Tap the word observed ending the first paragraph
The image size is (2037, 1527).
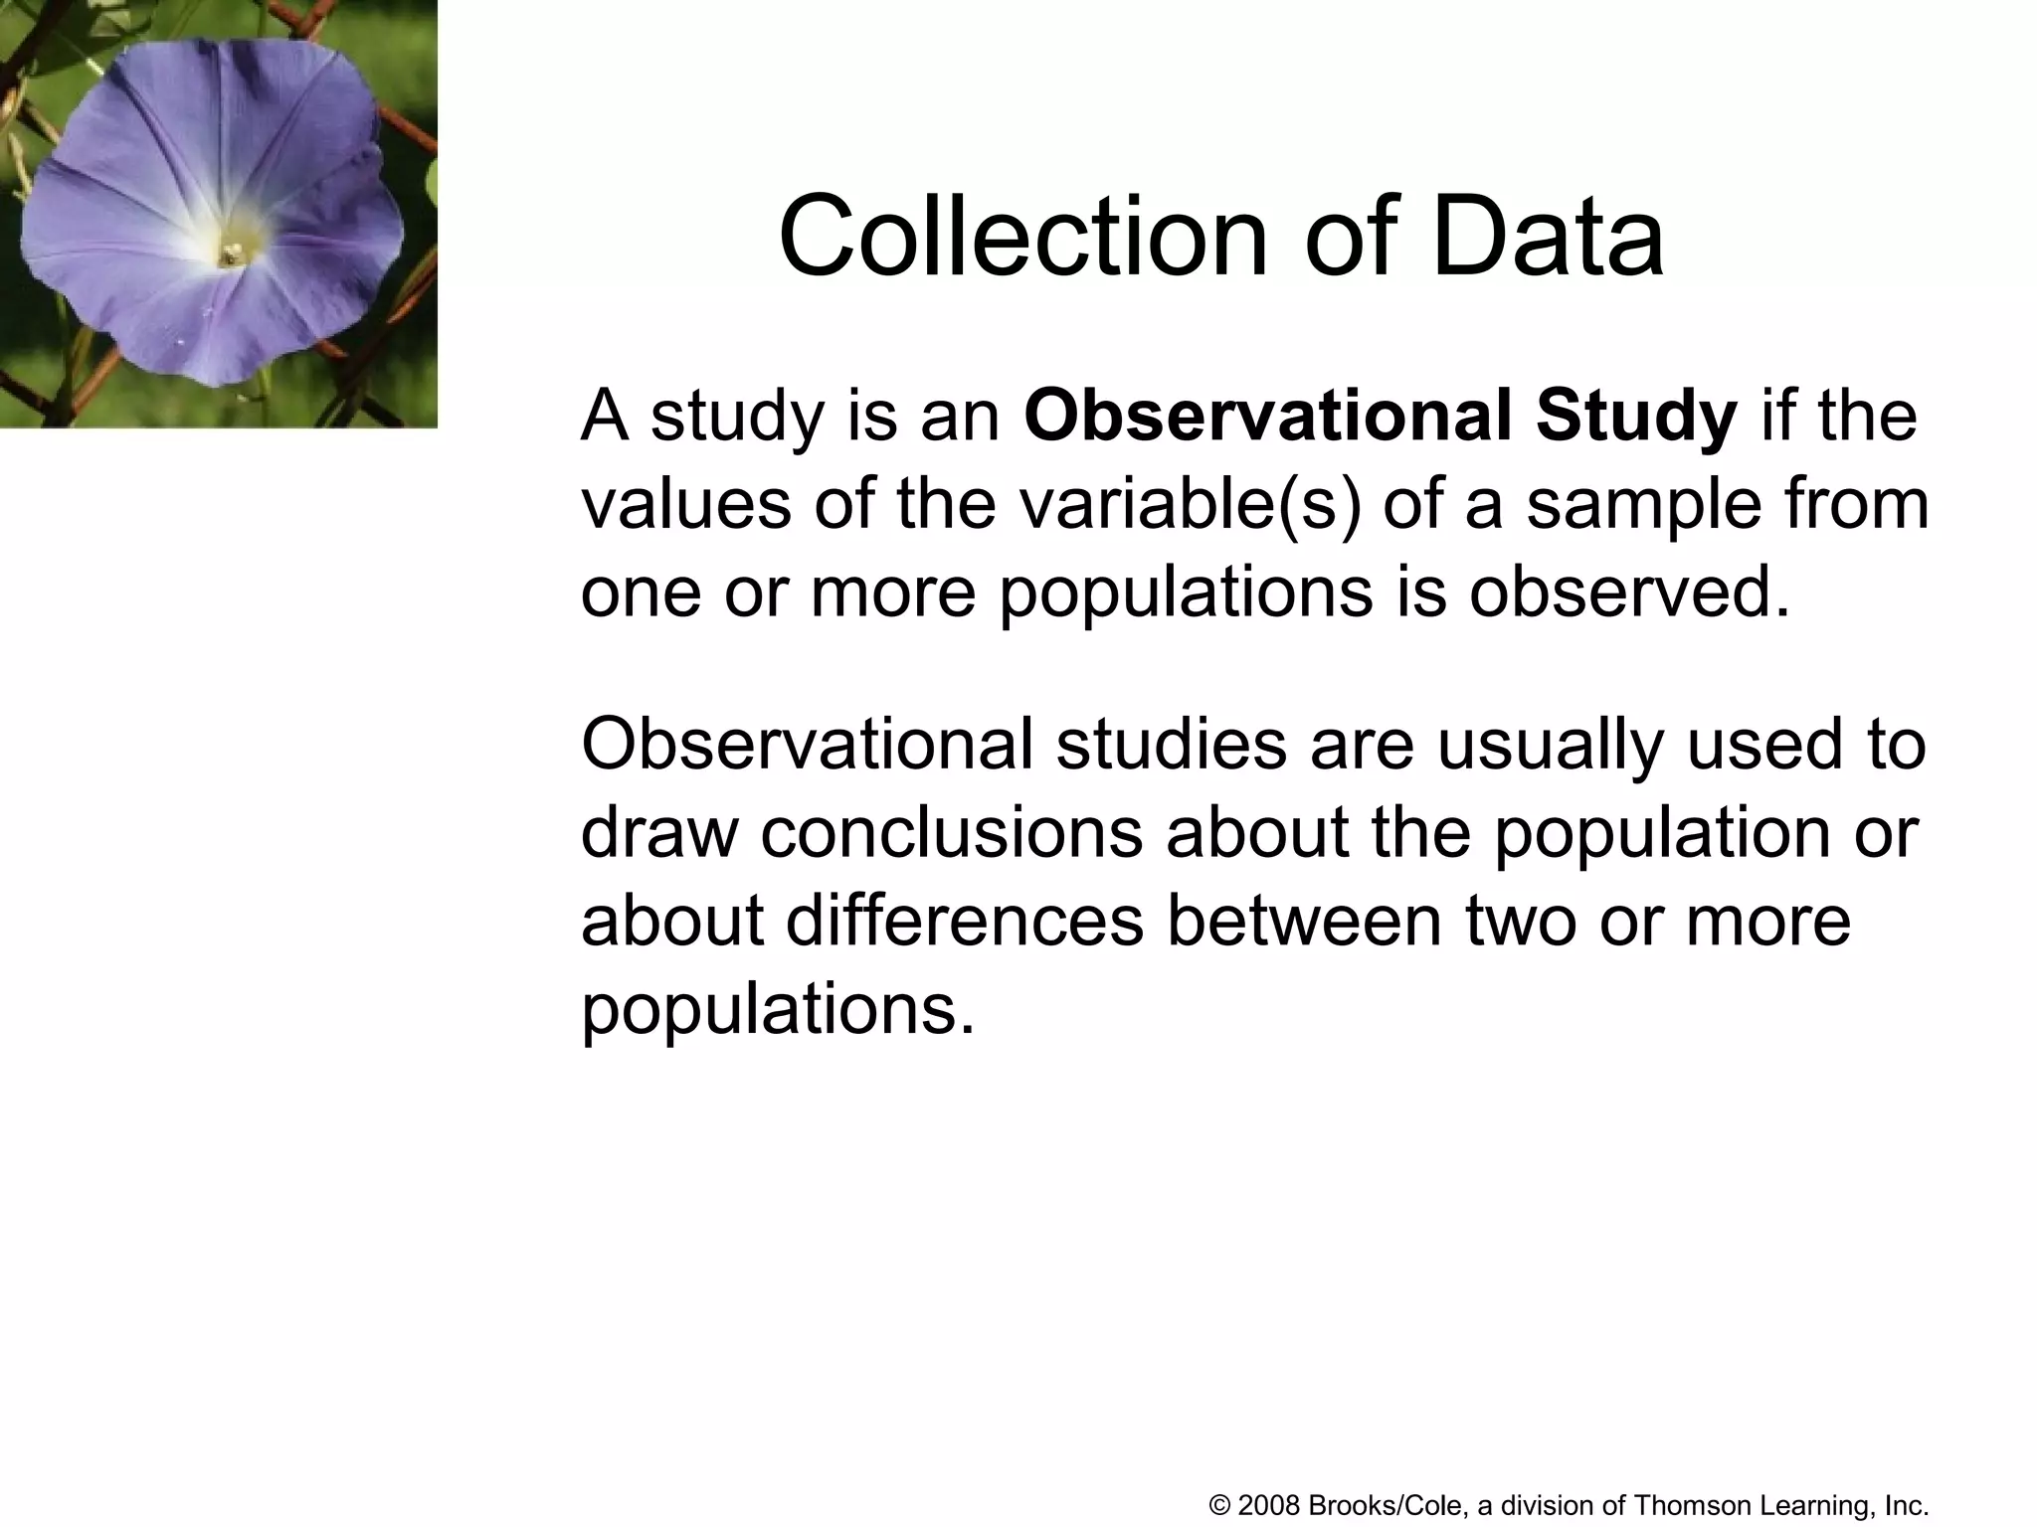(x=1628, y=593)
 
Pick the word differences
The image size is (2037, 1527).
(x=965, y=920)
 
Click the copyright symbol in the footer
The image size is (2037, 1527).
(x=1219, y=1506)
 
